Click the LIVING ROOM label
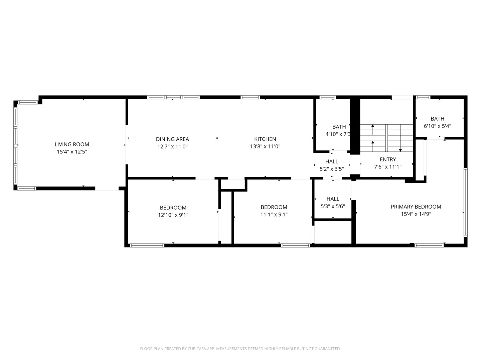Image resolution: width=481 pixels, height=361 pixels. click(x=72, y=144)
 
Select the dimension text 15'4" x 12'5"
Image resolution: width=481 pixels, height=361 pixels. click(x=72, y=152)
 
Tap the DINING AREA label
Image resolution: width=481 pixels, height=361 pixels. click(x=172, y=139)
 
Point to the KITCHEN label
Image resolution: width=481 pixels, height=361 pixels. click(x=265, y=139)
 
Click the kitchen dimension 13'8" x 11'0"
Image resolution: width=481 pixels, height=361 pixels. click(x=265, y=146)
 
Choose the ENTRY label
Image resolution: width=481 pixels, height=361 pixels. click(x=388, y=159)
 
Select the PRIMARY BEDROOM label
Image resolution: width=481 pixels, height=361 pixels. click(x=416, y=207)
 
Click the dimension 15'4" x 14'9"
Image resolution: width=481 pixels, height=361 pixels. click(x=416, y=214)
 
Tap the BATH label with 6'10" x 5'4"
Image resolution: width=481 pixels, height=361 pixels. click(x=437, y=119)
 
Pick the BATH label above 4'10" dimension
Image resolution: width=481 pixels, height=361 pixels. click(x=339, y=127)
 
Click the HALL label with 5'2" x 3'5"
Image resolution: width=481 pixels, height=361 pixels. click(x=332, y=161)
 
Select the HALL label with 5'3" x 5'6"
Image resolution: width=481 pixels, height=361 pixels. click(x=333, y=199)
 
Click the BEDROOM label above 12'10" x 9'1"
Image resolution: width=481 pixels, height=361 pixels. click(x=173, y=208)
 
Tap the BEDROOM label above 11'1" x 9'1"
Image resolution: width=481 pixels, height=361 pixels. click(x=274, y=207)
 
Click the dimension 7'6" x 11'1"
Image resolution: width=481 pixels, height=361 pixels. click(x=388, y=167)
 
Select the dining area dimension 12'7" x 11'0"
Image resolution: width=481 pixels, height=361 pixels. click(x=172, y=146)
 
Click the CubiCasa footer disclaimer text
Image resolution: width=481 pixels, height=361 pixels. click(x=240, y=349)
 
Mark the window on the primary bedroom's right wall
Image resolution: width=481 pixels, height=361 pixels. click(x=465, y=202)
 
